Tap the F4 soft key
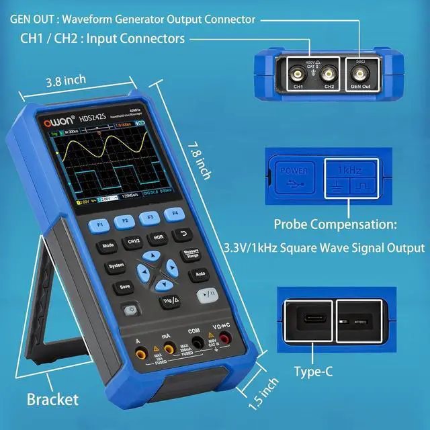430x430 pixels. (x=175, y=214)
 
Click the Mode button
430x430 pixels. (x=107, y=246)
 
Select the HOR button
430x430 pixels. (x=159, y=237)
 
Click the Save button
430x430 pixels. (x=124, y=286)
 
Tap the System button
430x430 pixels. (x=116, y=266)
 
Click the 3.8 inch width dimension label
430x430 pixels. (x=66, y=82)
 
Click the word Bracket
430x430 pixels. (x=52, y=400)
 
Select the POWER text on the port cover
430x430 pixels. (x=294, y=171)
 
